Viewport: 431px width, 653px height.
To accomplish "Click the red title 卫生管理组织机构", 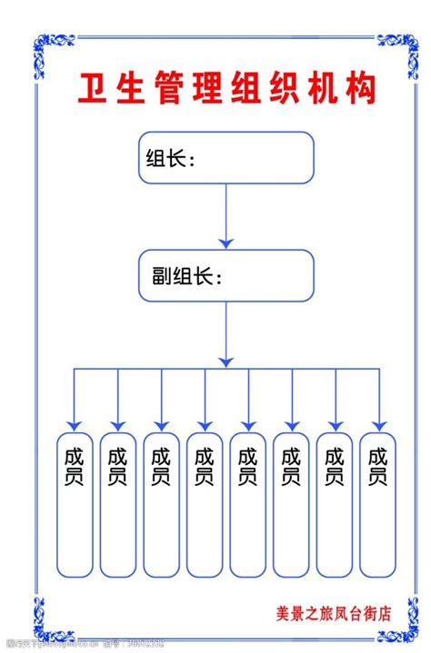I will pos(225,91).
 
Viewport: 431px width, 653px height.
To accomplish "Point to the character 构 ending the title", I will pos(360,91).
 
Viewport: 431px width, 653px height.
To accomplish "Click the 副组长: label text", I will pos(182,276).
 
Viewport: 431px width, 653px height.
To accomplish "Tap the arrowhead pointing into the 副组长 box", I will pos(226,242).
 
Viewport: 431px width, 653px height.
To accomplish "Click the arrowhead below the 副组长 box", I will pos(226,361).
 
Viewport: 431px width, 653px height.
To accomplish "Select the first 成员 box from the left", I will pos(75,504).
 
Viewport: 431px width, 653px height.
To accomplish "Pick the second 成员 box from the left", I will pos(118,504).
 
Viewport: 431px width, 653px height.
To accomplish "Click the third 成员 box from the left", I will pos(162,504).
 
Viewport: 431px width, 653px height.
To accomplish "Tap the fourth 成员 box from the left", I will pos(205,504).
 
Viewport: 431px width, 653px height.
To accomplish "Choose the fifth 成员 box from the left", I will pos(248,504).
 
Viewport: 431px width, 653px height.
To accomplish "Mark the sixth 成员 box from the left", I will pos(292,504).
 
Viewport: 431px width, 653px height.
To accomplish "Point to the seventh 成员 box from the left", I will pos(336,504).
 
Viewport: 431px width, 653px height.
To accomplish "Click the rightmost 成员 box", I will pos(378,504).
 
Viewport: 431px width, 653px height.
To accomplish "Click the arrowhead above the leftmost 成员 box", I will pos(75,424).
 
